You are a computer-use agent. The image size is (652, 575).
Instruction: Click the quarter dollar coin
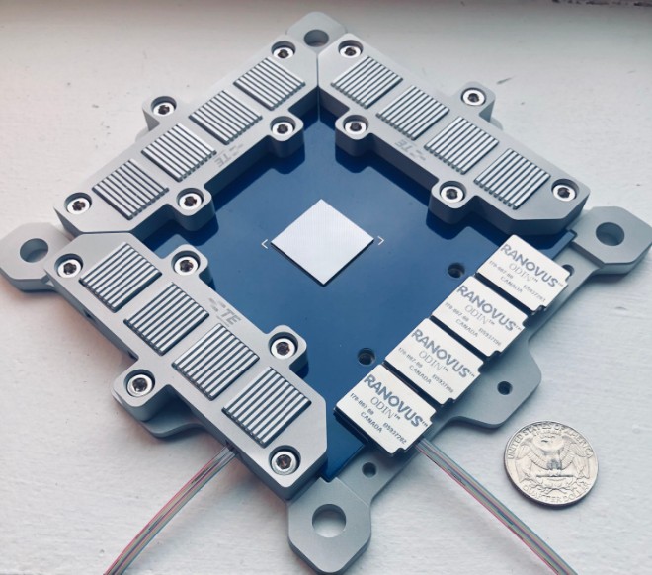point(547,463)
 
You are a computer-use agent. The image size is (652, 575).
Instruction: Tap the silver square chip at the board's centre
point(317,241)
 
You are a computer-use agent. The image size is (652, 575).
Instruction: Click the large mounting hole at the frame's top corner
point(315,38)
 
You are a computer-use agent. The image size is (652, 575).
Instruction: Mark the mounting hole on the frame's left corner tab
point(34,249)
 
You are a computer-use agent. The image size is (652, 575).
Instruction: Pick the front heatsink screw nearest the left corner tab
point(70,266)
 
